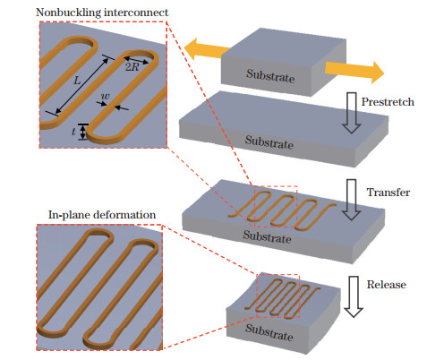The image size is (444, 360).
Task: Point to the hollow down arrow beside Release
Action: coord(354,296)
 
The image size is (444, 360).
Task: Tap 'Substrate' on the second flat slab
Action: coord(270,141)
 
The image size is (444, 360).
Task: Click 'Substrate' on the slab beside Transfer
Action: coord(269,239)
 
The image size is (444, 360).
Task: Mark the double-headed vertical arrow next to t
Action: coord(83,133)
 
